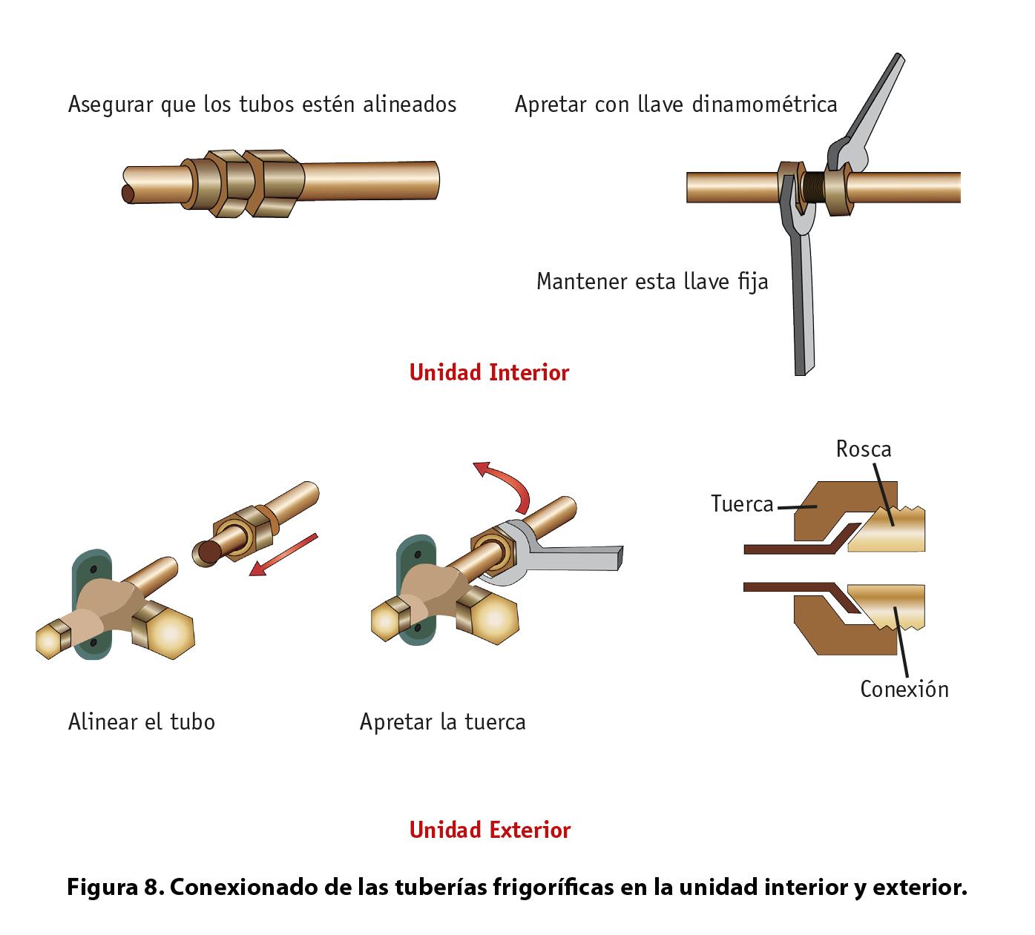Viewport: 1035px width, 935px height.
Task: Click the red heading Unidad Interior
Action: pos(489,372)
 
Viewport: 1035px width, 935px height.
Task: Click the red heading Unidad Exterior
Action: pos(490,830)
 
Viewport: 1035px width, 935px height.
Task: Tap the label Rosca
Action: pos(863,449)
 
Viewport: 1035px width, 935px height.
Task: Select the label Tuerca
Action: pos(741,504)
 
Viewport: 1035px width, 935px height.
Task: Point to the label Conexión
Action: pos(904,690)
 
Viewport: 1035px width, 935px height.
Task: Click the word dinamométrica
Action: pos(764,105)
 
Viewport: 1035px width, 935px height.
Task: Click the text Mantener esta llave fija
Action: pos(652,282)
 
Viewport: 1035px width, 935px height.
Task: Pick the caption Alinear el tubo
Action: pos(141,722)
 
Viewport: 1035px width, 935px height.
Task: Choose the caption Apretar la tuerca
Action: pos(442,722)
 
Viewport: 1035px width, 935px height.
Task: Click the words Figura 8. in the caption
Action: pos(115,887)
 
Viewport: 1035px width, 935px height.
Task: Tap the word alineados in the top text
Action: pos(409,105)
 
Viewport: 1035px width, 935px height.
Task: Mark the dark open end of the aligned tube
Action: pos(129,194)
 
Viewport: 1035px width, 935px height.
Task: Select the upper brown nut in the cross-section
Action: pos(824,512)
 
